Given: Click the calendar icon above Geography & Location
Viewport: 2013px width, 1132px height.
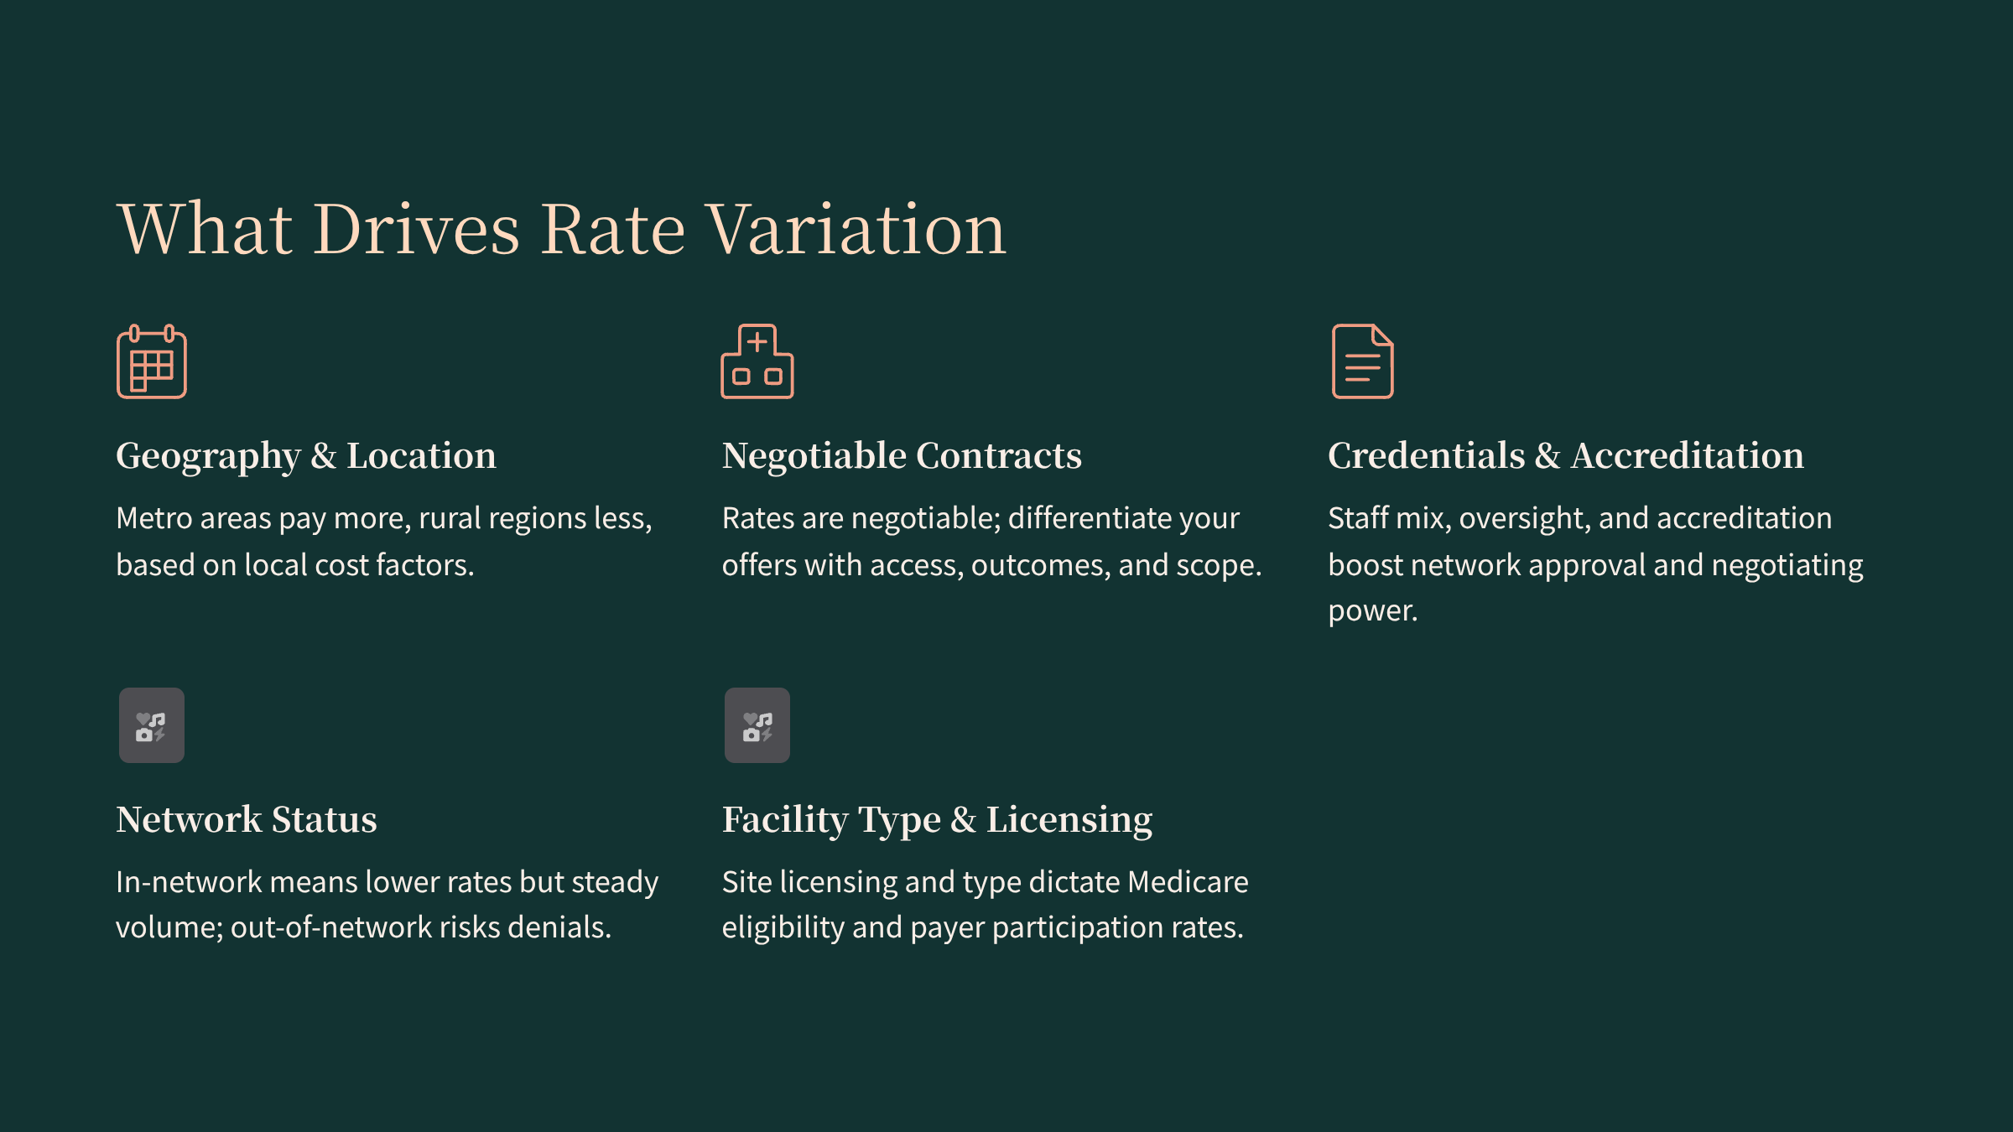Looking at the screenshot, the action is click(x=152, y=361).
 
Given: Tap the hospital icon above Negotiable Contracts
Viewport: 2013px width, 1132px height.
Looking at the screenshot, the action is click(x=757, y=361).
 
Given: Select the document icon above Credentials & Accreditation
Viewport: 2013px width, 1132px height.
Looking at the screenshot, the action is click(x=1363, y=361).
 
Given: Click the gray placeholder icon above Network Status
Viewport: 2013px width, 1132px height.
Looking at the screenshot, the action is click(x=152, y=725).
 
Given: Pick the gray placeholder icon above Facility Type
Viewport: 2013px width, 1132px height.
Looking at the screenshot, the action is click(x=757, y=725).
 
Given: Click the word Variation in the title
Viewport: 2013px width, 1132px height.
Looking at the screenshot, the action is click(x=856, y=229).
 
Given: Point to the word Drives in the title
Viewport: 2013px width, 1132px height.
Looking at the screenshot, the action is click(x=417, y=229).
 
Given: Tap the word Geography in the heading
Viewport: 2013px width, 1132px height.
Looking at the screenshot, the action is click(x=208, y=457).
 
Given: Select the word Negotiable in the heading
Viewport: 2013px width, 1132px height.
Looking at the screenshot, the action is click(x=814, y=455).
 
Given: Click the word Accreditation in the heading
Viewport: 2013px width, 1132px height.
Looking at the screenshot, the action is click(x=1688, y=455).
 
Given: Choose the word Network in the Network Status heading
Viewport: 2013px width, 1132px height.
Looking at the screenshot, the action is click(x=189, y=819).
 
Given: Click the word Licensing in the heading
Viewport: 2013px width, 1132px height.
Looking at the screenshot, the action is click(x=1069, y=821).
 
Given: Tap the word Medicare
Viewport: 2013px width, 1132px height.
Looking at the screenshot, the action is click(x=1188, y=882).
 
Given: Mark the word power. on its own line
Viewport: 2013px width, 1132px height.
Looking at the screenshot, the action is click(x=1373, y=611).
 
